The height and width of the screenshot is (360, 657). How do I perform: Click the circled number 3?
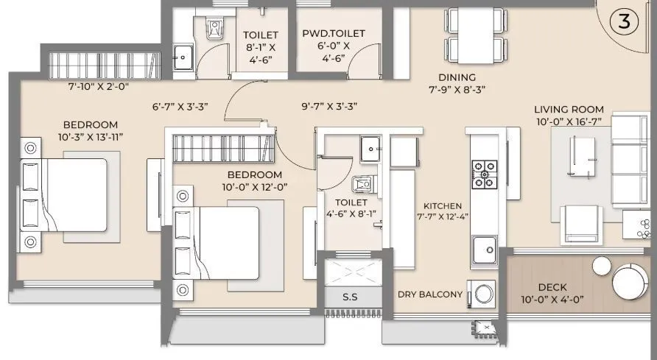pos(624,21)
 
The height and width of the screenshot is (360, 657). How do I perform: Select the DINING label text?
pos(457,77)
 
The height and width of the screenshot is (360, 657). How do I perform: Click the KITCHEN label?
pos(442,206)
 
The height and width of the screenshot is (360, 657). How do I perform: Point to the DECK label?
pos(552,287)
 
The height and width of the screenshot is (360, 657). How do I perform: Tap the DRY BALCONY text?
pos(430,294)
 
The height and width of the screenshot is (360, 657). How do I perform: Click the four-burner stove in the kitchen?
pos(484,174)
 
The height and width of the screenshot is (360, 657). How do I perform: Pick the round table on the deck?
pos(630,281)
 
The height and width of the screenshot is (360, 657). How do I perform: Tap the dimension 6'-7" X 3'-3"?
pos(180,106)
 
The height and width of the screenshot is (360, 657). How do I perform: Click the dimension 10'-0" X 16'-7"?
pos(569,122)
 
